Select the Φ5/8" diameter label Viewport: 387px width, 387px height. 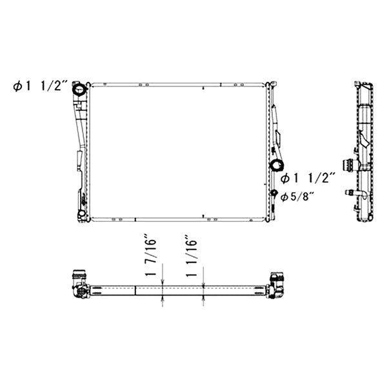click(x=297, y=196)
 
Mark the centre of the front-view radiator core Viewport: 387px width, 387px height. click(x=179, y=152)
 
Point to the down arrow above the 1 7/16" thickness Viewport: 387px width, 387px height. click(x=163, y=281)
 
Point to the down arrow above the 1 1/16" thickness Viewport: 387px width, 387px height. click(x=203, y=281)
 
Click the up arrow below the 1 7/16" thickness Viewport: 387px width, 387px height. click(x=163, y=299)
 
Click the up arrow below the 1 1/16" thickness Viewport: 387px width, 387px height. click(x=203, y=299)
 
